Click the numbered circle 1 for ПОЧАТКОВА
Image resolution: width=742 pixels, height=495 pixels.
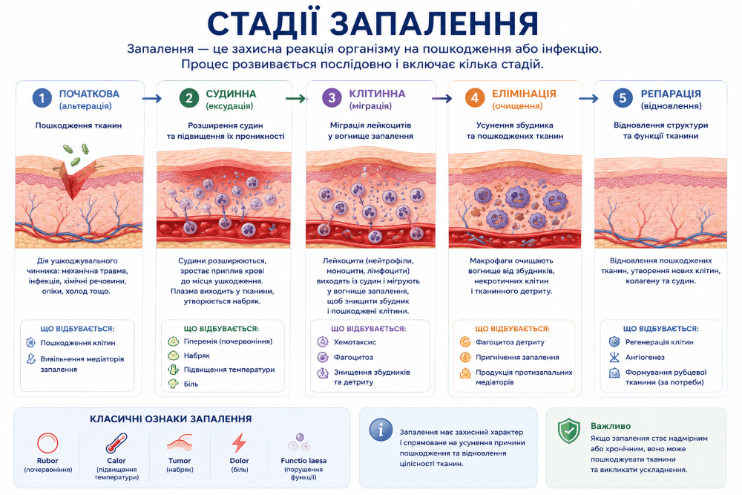pos(42,98)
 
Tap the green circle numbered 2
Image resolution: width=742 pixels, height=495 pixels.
pos(188,98)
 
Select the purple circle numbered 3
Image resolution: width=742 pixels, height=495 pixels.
pos(332,98)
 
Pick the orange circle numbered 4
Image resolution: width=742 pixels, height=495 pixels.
pos(475,98)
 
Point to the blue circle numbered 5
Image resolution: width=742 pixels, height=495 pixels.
pos(623,98)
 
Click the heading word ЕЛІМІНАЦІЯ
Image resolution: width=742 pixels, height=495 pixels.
pos(524,94)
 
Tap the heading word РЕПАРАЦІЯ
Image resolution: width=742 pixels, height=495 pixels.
pos(671,94)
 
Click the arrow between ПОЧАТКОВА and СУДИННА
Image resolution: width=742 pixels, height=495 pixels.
pos(151,99)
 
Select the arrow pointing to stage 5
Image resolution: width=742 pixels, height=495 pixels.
pos(588,99)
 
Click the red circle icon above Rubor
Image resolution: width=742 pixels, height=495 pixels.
pos(47,443)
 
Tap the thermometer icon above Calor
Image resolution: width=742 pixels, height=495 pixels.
pos(116,443)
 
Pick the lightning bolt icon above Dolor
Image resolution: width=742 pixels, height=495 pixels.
pos(239,443)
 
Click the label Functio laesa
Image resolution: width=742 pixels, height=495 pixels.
pos(303,460)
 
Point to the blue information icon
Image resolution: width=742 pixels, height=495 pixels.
pos(381,430)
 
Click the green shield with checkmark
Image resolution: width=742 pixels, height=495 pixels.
pos(569,430)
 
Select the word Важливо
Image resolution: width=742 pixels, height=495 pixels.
pos(611,426)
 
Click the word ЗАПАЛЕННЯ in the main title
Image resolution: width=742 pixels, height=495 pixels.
pos(434,24)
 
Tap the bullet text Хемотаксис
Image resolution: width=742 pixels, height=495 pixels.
pos(355,341)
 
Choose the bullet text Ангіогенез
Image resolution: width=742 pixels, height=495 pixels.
pos(645,357)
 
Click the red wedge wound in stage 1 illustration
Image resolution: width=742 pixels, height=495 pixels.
pos(75,181)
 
